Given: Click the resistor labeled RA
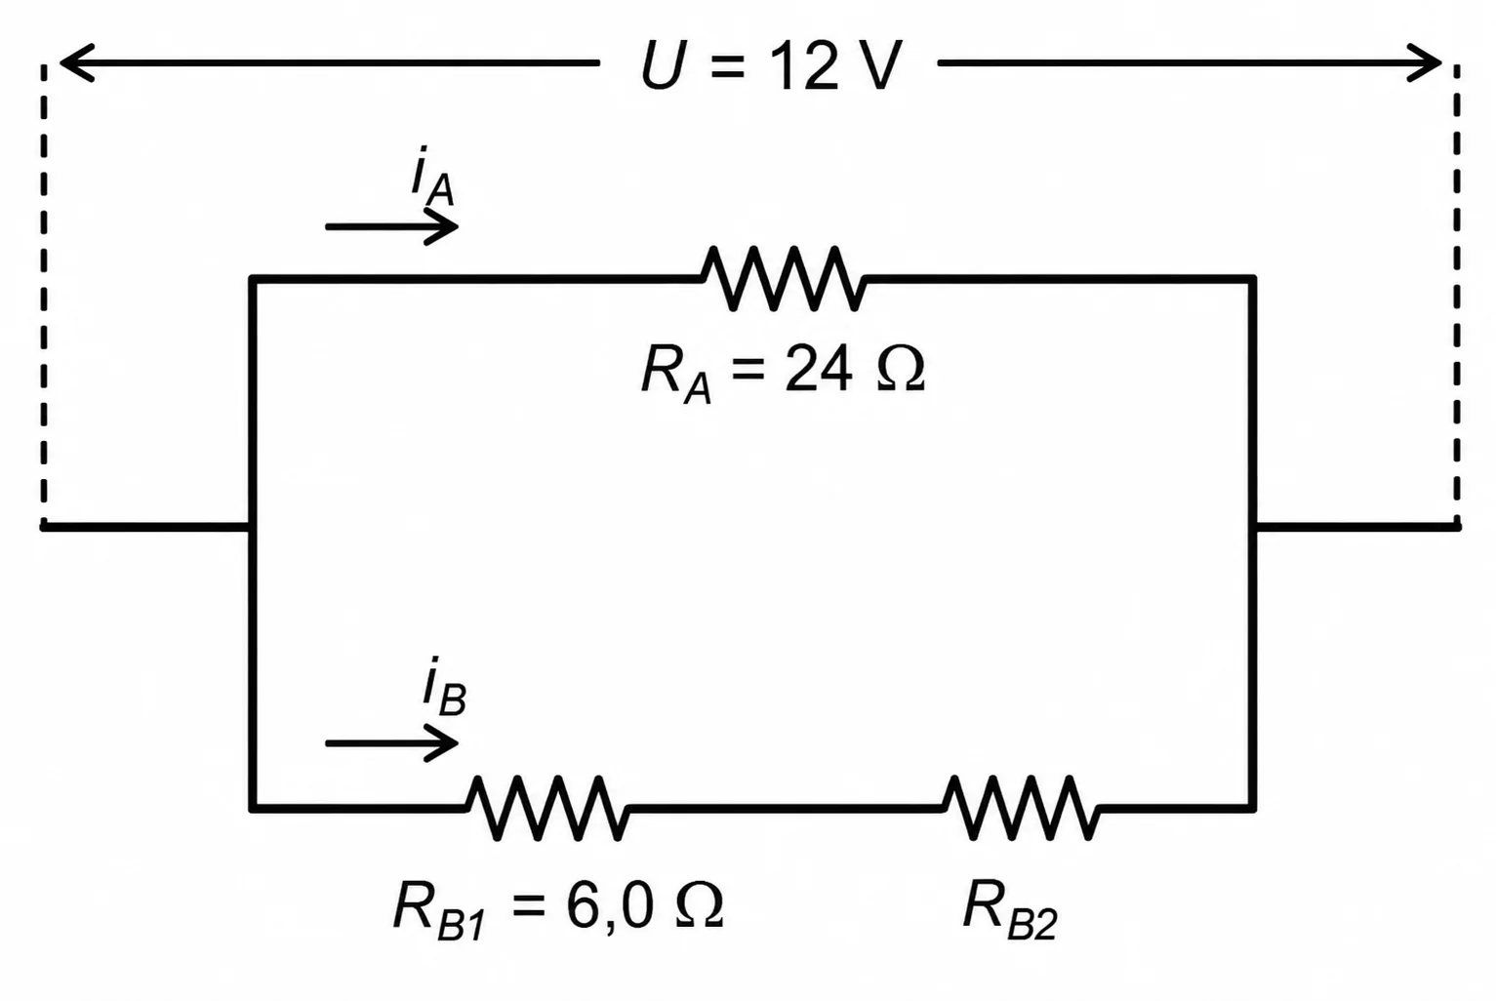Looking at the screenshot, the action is (x=784, y=278).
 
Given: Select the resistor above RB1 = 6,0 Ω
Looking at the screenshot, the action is (x=547, y=808).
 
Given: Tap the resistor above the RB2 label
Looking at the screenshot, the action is (x=1021, y=808).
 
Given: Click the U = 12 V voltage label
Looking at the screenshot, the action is (x=771, y=65).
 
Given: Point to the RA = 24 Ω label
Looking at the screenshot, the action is (x=783, y=373).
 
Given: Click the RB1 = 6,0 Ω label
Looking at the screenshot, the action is (x=558, y=909).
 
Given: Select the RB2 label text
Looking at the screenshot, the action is (x=1010, y=909).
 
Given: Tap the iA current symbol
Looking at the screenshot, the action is (x=432, y=176).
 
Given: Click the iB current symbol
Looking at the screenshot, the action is (x=444, y=687).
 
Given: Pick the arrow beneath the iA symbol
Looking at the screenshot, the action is (x=392, y=227).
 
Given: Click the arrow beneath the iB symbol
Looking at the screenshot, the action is (x=392, y=743).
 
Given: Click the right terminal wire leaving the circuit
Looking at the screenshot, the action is (x=1357, y=528).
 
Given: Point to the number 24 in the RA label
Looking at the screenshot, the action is (x=819, y=370).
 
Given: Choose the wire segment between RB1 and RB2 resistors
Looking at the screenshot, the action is (x=787, y=808).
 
